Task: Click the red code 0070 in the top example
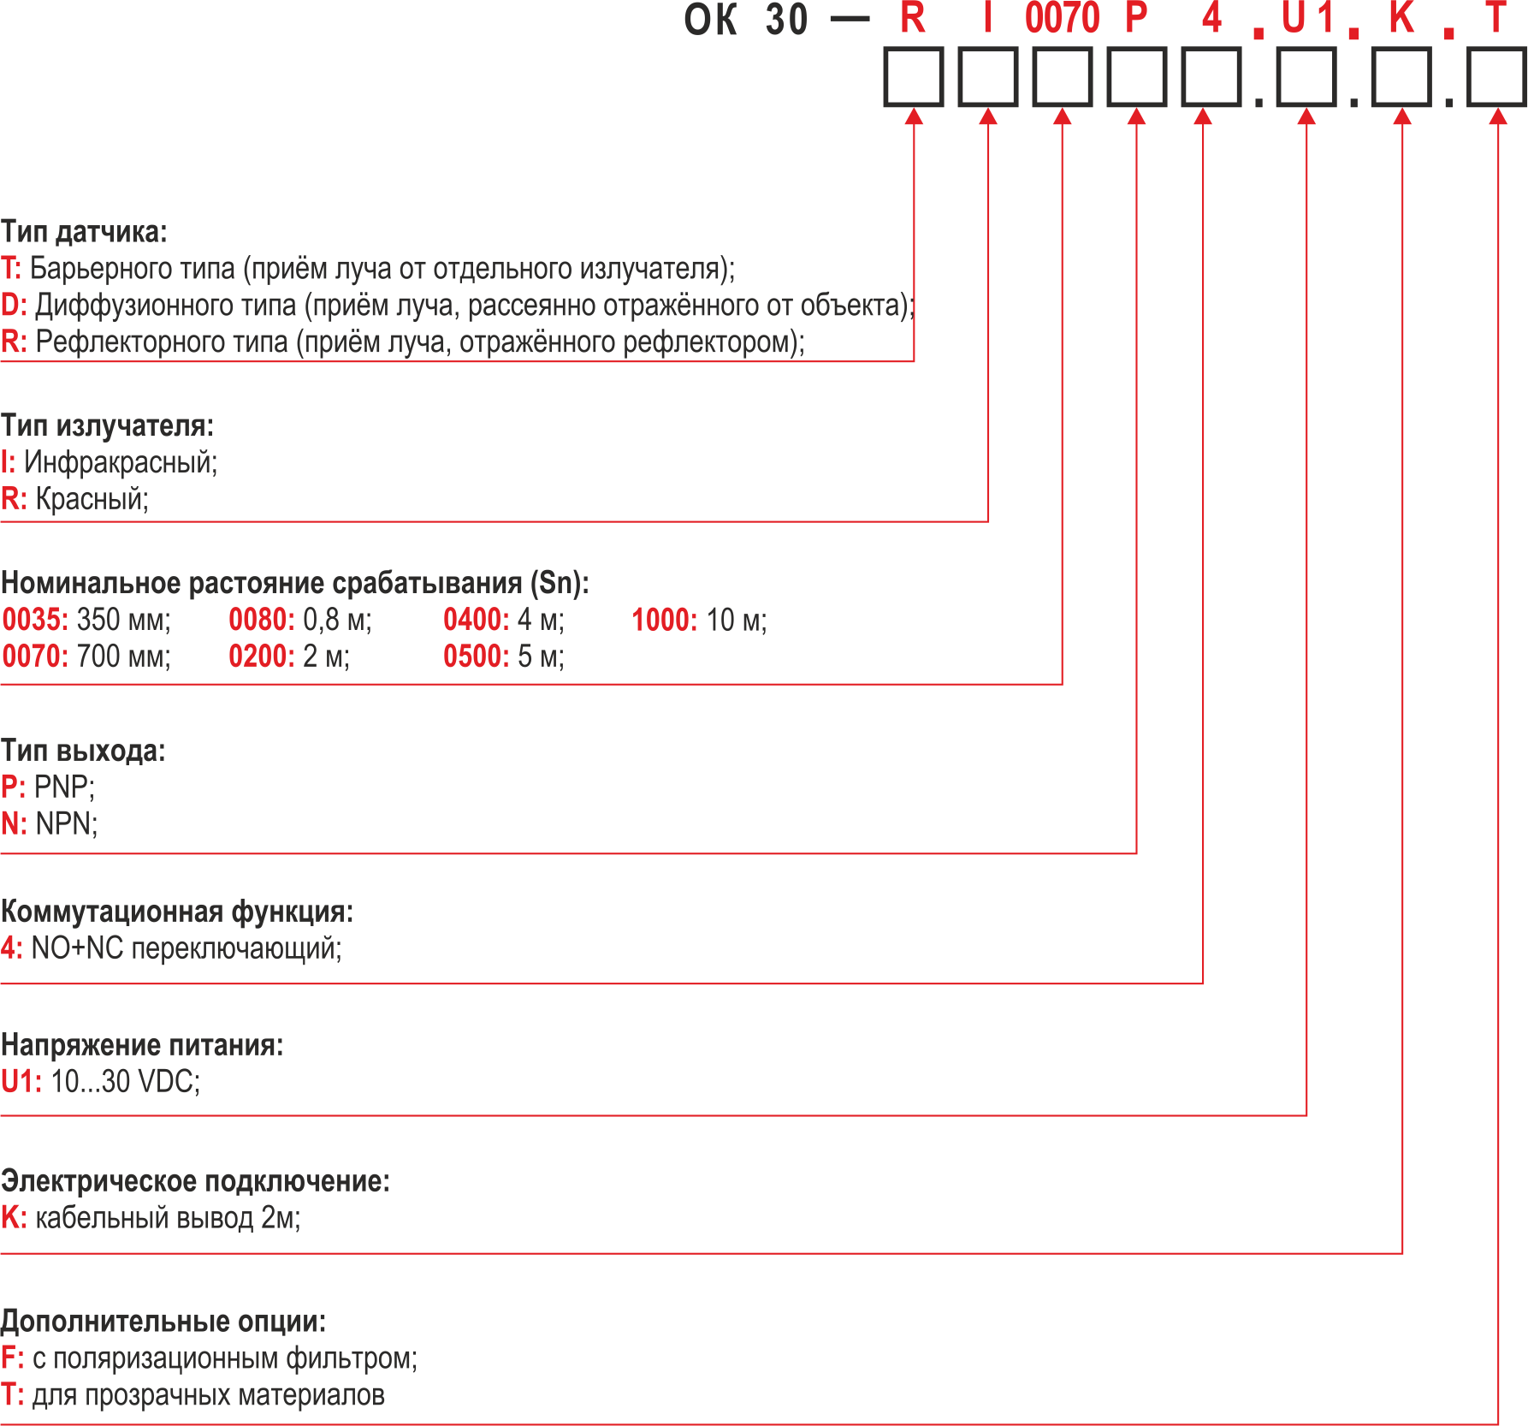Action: click(x=1062, y=18)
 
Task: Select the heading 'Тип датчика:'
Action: click(x=84, y=232)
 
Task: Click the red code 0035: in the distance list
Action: click(x=35, y=620)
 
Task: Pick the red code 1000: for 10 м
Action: click(x=665, y=620)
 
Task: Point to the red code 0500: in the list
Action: click(x=476, y=657)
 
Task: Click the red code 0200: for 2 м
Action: click(x=261, y=657)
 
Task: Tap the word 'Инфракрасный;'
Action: click(x=121, y=462)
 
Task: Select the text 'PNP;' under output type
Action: click(x=64, y=786)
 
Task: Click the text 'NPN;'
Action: click(x=67, y=823)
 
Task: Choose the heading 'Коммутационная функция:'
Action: click(x=177, y=912)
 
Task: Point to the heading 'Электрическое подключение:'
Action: click(x=195, y=1181)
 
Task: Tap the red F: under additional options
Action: click(x=12, y=1358)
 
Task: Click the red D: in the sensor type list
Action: click(x=14, y=306)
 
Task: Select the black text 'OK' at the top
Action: click(x=710, y=20)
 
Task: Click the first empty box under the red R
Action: click(x=913, y=77)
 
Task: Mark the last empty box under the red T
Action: click(x=1497, y=77)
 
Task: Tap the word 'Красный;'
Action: click(x=92, y=498)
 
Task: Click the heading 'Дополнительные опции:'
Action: click(x=163, y=1322)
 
